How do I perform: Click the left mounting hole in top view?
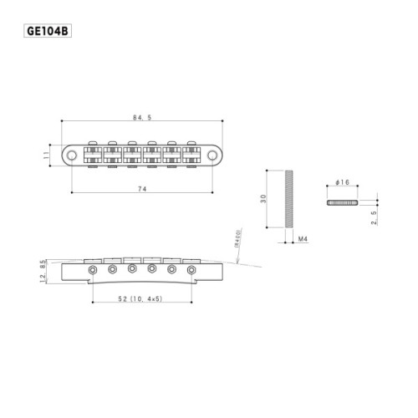pos(74,155)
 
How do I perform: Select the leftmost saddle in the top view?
pos(91,155)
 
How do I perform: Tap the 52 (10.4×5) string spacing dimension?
pos(140,298)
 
